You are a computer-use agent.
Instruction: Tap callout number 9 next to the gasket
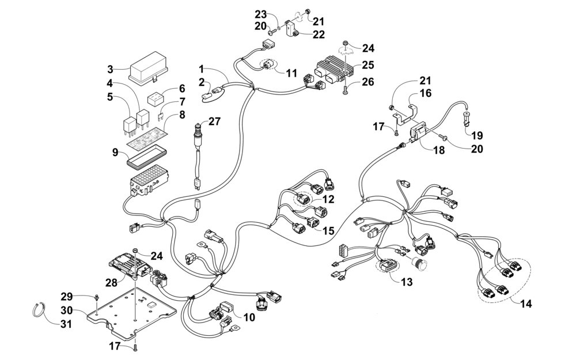115,153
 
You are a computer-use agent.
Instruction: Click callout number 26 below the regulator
368,82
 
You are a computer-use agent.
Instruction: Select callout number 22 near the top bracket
319,36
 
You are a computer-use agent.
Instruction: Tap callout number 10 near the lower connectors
249,317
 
